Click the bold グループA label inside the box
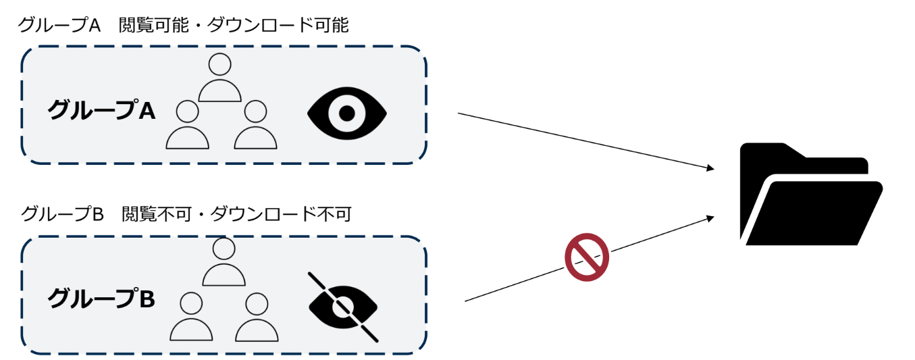(x=101, y=110)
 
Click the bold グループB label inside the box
(x=101, y=298)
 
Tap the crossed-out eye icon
(x=344, y=306)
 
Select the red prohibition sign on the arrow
(x=587, y=257)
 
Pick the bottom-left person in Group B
(x=191, y=317)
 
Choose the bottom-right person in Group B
(x=257, y=317)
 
